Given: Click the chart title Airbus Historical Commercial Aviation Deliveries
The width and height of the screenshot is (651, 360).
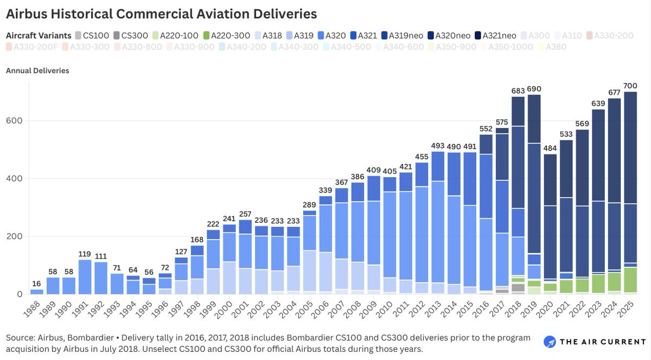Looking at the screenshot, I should (161, 14).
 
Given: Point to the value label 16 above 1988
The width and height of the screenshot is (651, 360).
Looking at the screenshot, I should (37, 284).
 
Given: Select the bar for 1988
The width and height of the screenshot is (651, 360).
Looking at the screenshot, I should (37, 292).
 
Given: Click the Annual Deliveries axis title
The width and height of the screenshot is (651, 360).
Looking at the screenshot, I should (37, 70).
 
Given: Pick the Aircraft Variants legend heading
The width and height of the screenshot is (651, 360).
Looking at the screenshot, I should (39, 35).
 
